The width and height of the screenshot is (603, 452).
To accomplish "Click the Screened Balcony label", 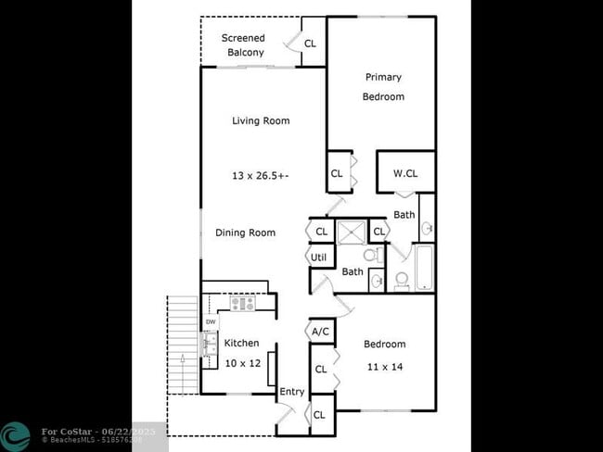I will [x=242, y=44].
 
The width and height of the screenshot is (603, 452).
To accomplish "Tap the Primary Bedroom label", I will [x=383, y=86].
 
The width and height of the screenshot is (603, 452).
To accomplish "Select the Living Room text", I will [x=261, y=120].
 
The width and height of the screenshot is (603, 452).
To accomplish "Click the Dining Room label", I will [x=245, y=232].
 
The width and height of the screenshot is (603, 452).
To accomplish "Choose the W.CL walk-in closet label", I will [x=405, y=173].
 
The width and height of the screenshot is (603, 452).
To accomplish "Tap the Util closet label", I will [x=319, y=257].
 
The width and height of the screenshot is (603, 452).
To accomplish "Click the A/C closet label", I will [x=321, y=331].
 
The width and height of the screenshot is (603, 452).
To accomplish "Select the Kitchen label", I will [x=242, y=343].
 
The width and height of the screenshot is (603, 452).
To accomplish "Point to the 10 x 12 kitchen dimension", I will [x=242, y=363].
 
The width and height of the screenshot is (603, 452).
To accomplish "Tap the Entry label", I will [x=292, y=392].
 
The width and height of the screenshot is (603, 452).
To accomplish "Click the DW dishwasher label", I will [x=211, y=321].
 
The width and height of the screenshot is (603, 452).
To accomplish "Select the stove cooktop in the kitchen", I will [x=243, y=303].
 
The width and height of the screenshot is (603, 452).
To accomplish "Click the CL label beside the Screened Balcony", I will [x=310, y=44].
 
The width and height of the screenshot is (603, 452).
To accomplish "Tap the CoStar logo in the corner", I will [x=15, y=436].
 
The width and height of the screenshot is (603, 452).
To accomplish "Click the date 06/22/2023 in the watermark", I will [x=131, y=431].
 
